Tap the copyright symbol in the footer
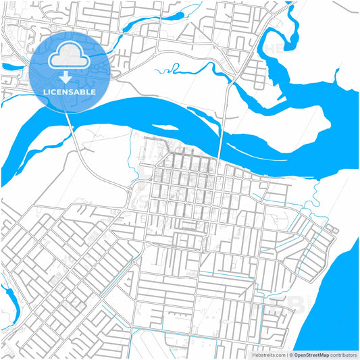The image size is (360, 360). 292,354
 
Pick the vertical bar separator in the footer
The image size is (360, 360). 287,354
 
